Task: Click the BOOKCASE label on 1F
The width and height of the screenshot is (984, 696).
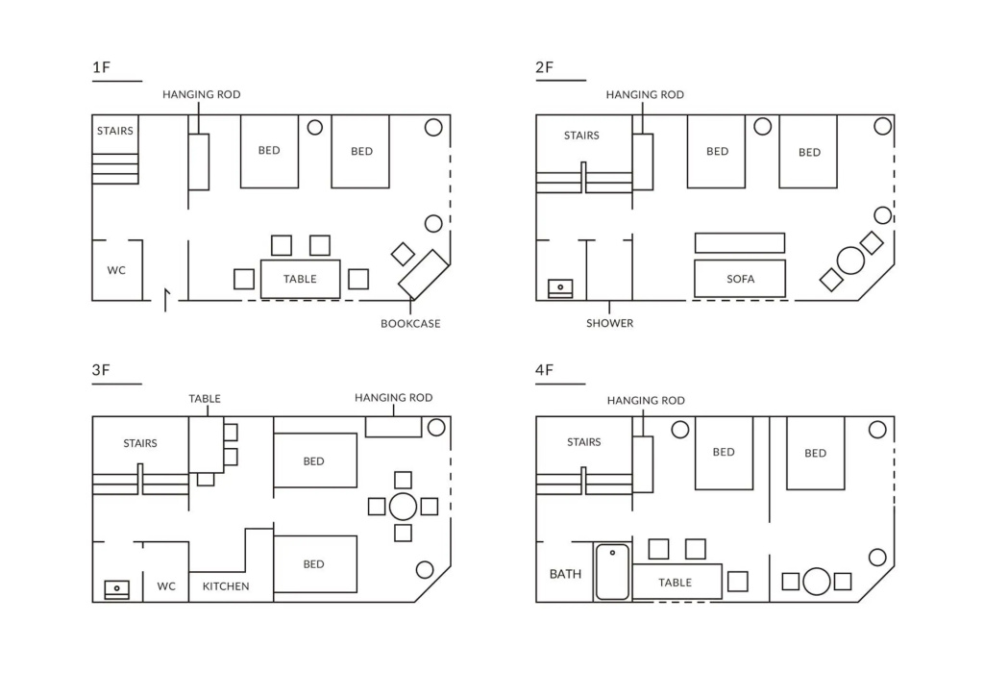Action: click(x=410, y=324)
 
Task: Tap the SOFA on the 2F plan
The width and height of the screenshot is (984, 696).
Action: click(x=740, y=279)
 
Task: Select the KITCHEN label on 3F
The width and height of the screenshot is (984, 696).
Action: click(x=226, y=586)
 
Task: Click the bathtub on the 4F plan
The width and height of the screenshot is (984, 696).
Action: click(x=612, y=572)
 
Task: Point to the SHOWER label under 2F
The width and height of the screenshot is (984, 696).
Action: click(x=610, y=323)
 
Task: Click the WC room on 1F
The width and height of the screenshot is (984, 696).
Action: click(x=117, y=270)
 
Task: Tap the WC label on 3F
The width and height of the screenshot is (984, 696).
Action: click(x=166, y=586)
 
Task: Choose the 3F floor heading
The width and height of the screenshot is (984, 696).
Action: click(x=101, y=370)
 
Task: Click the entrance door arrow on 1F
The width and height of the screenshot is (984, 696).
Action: click(x=166, y=300)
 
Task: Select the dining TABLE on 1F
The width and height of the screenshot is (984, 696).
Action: click(x=301, y=279)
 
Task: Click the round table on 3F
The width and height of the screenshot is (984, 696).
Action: click(x=403, y=507)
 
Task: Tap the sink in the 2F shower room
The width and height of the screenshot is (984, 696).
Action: click(x=560, y=288)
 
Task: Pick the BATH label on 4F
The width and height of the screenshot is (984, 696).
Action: click(x=565, y=574)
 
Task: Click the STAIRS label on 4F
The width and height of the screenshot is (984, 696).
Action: click(x=583, y=442)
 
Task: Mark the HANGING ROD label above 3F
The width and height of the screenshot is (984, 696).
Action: click(x=393, y=398)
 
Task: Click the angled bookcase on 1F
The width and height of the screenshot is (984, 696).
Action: click(x=424, y=274)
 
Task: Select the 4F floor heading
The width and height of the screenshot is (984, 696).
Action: click(x=545, y=370)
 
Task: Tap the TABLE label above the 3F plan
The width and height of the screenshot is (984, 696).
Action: click(x=205, y=399)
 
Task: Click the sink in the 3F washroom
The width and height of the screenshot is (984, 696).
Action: click(x=116, y=590)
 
